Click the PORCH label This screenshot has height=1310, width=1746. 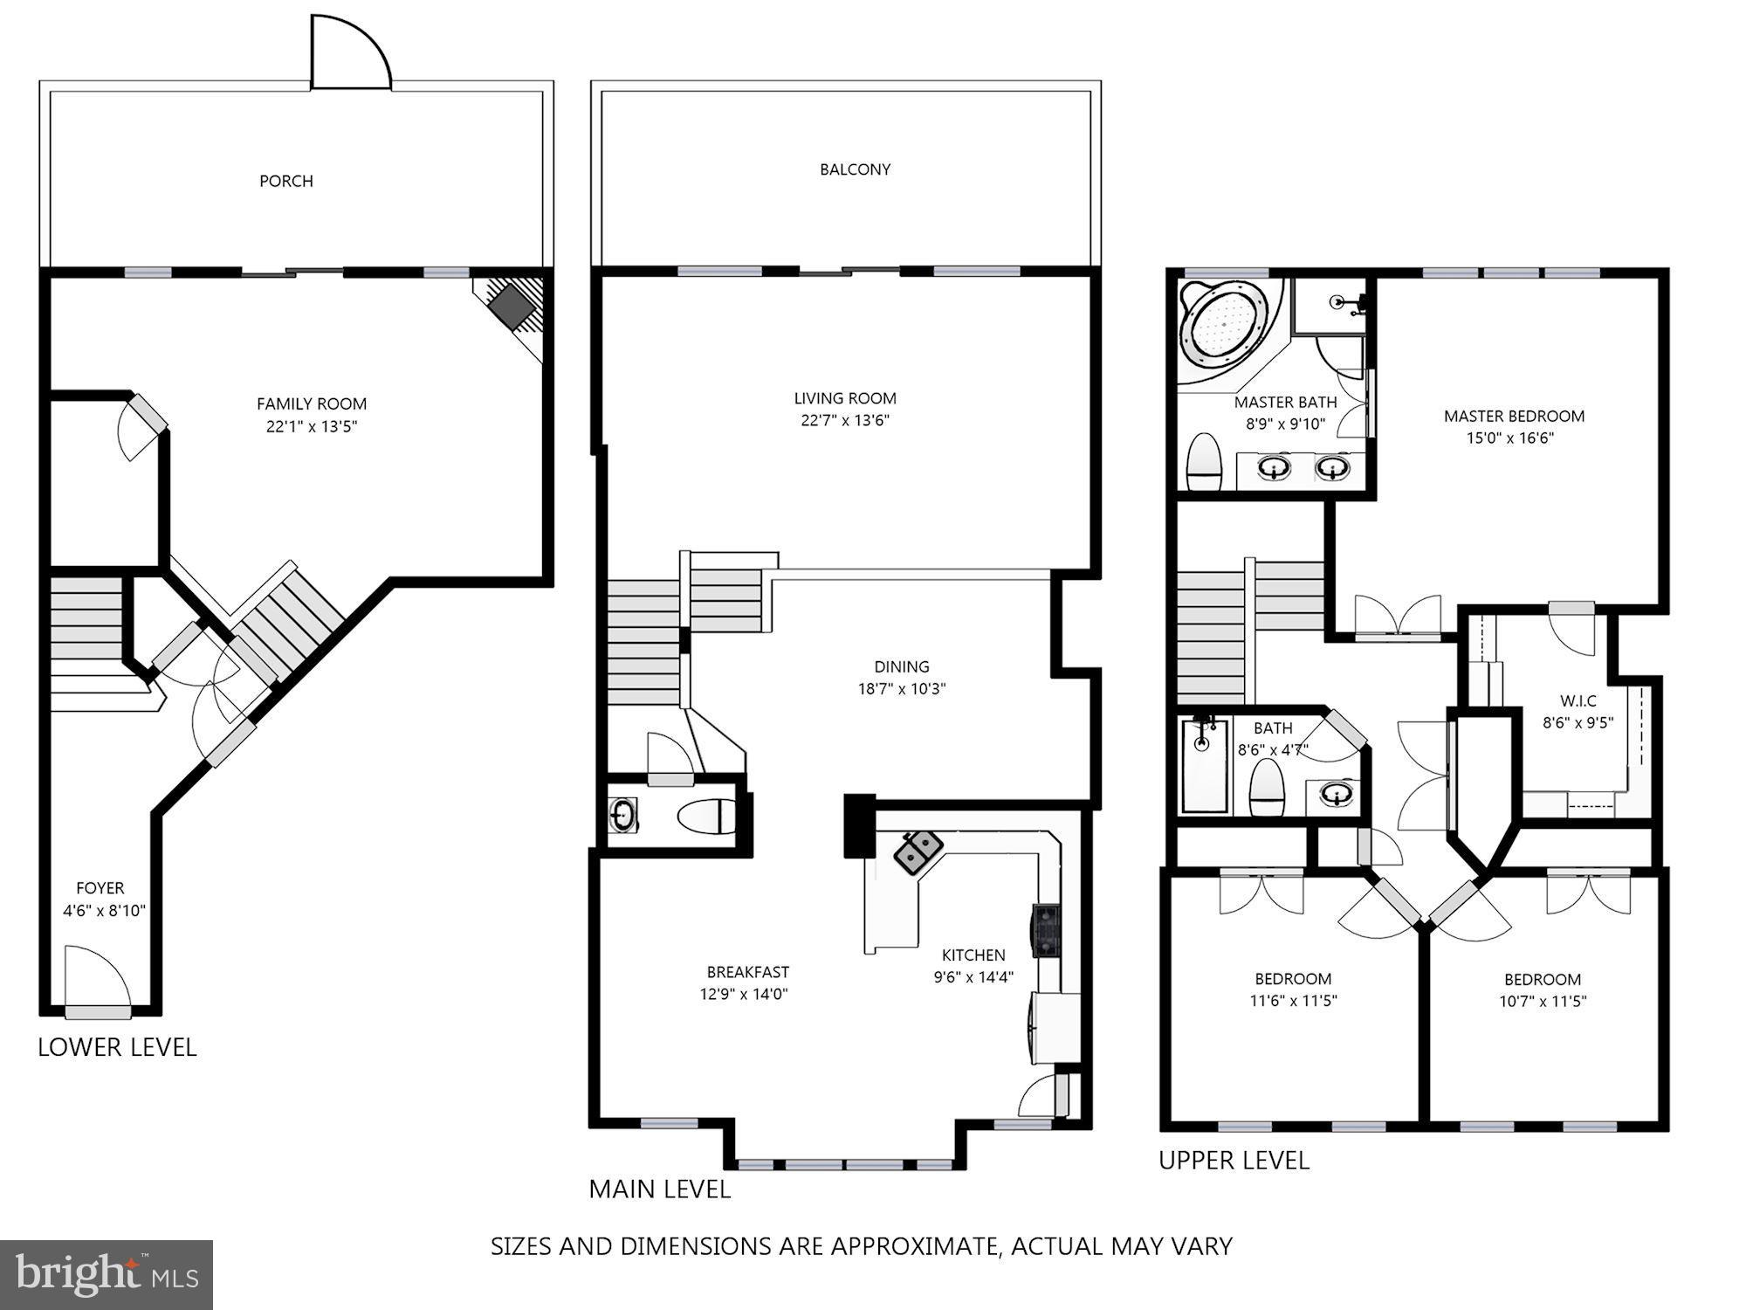click(x=285, y=181)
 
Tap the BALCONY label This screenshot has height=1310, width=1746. click(x=855, y=169)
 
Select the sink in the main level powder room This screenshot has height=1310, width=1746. click(x=623, y=815)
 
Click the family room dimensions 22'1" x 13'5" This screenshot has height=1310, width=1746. click(x=312, y=427)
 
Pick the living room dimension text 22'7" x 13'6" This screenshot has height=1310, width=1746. click(x=845, y=420)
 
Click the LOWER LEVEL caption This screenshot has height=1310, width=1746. click(x=117, y=1047)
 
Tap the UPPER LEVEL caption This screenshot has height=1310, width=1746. click(x=1234, y=1161)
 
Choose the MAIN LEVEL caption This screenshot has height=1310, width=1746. click(x=659, y=1189)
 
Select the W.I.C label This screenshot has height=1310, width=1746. click(x=1578, y=700)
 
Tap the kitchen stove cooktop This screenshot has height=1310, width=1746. click(x=1046, y=932)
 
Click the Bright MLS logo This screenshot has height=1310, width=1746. click(x=106, y=1274)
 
